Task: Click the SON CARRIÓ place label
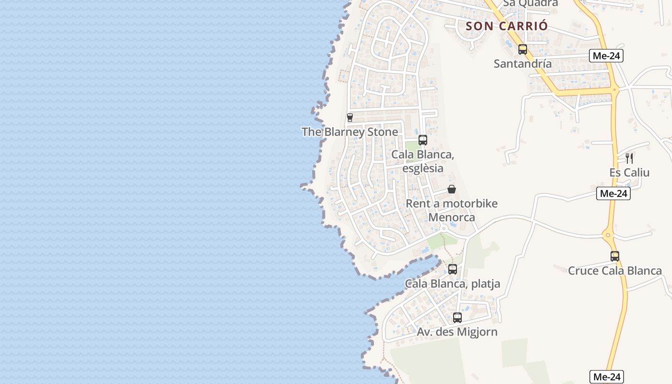tap(506, 26)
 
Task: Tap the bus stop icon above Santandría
tap(523, 49)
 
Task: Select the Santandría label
tap(523, 63)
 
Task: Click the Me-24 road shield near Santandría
tap(606, 56)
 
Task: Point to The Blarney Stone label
tap(350, 132)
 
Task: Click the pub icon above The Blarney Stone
tap(350, 117)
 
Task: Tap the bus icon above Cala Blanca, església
tap(423, 140)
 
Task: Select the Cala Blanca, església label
tap(423, 161)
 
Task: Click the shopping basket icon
tap(452, 189)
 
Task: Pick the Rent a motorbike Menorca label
tap(452, 210)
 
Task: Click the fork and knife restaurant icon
tap(629, 158)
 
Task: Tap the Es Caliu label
tap(629, 172)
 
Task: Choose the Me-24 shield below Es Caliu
tap(613, 193)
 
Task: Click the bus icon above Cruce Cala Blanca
tap(615, 256)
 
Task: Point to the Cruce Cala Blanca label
tap(615, 271)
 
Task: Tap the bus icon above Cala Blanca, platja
tap(453, 269)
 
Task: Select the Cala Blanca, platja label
tap(453, 284)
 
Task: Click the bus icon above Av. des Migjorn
tap(457, 317)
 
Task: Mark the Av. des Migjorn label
tap(457, 332)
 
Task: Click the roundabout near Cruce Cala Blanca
tap(608, 235)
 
